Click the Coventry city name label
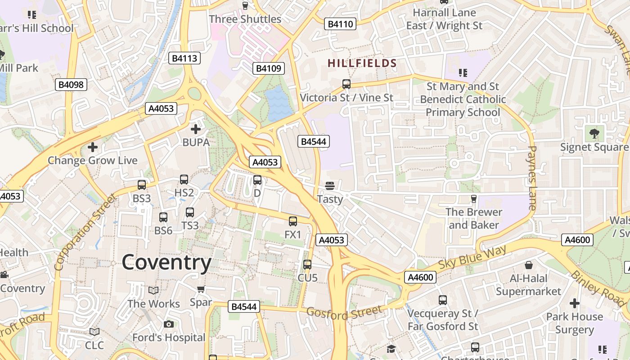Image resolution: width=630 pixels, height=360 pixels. click(x=166, y=262)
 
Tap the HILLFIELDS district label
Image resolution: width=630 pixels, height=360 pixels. click(x=362, y=63)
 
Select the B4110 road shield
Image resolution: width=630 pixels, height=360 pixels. click(x=340, y=24)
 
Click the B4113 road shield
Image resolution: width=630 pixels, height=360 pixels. click(x=184, y=58)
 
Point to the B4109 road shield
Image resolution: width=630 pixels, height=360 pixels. click(x=269, y=68)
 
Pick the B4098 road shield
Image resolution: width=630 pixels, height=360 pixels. click(x=72, y=85)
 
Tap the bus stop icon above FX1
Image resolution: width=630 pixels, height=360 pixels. click(x=293, y=221)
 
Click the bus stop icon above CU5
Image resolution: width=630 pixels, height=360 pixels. click(x=307, y=265)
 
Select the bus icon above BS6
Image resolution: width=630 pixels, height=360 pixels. click(x=163, y=217)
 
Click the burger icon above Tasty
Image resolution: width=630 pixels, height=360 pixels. click(x=330, y=186)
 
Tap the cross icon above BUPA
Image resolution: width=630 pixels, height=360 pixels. click(x=196, y=130)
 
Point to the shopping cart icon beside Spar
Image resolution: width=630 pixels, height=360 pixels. click(x=201, y=289)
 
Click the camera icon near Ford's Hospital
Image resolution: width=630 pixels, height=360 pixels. click(x=169, y=324)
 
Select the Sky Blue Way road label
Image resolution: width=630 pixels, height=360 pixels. click(x=472, y=257)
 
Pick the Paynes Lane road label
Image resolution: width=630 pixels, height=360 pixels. click(x=532, y=178)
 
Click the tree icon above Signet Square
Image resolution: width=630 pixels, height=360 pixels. click(x=594, y=133)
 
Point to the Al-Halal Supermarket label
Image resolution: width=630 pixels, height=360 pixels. click(x=529, y=285)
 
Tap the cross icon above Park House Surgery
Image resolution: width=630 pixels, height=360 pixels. click(x=574, y=303)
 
